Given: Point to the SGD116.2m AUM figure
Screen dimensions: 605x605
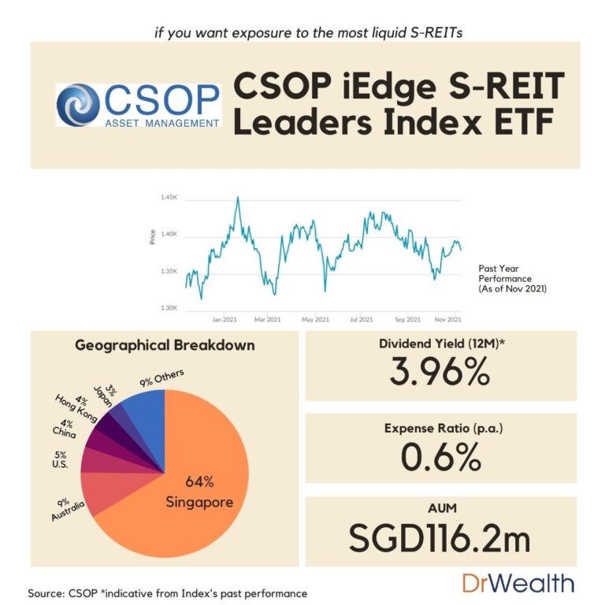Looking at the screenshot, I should point(440,539).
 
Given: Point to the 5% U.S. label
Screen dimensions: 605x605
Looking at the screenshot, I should point(61,460).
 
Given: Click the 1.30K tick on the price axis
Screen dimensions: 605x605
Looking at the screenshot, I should point(169,308).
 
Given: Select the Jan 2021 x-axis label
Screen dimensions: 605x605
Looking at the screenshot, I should point(225,320).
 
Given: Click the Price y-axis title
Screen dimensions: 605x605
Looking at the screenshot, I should point(152,236).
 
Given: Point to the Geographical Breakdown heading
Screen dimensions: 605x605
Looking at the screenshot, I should point(165,345).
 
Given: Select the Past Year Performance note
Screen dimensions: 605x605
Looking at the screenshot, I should point(512,279).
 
